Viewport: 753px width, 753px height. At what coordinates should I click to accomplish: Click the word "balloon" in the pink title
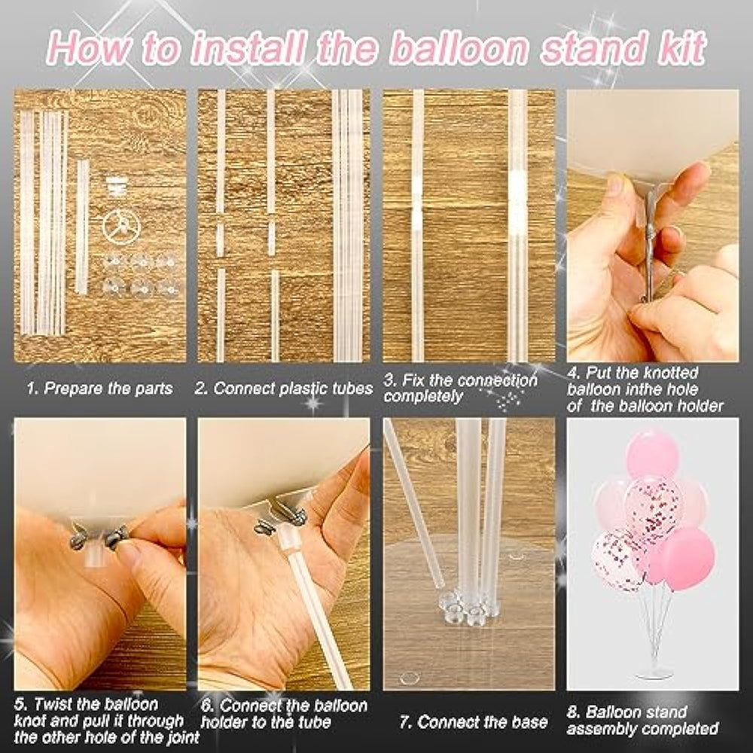tap(459, 48)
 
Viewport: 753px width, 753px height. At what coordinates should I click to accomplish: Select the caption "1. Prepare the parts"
tap(99, 388)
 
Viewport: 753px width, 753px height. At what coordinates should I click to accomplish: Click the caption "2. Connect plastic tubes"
tap(283, 388)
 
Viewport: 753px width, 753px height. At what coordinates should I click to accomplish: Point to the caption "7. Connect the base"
tap(473, 722)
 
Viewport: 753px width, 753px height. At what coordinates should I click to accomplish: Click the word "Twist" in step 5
tap(53, 705)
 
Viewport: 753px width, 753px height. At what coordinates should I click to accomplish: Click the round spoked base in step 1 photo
tap(121, 226)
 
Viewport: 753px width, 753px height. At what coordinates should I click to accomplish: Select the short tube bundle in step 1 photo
tap(83, 227)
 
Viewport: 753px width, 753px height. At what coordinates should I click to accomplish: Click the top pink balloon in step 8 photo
tap(651, 454)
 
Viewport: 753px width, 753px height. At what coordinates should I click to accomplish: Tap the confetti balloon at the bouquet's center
tap(654, 505)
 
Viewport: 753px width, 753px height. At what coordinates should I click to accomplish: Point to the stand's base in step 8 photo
tap(654, 675)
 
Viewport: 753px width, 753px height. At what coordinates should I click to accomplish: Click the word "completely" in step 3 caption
tap(423, 396)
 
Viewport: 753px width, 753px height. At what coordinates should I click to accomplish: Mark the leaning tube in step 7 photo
tap(414, 505)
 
